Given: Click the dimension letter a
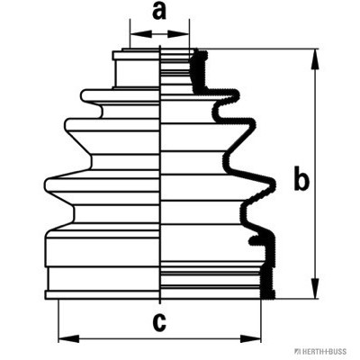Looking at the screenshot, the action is [159, 12].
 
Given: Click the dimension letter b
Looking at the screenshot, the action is [301, 178].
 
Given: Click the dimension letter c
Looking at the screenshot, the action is [159, 322].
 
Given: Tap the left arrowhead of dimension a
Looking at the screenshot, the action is [141, 34].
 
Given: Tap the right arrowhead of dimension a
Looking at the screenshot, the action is [178, 34].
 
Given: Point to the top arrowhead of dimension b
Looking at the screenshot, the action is [315, 59].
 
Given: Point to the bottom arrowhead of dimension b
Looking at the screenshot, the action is [315, 288].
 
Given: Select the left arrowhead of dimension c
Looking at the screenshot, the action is [69, 339].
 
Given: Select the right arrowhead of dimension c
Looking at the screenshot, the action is [250, 339].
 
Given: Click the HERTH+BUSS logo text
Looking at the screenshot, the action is [320, 352].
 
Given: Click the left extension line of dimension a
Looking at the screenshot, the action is [130, 33].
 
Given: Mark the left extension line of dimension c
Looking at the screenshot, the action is [58, 321].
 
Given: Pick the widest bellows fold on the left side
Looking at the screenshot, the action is [102, 184].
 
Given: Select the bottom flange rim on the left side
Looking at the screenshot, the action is [102, 295].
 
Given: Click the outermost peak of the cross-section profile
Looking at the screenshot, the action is [273, 184].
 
